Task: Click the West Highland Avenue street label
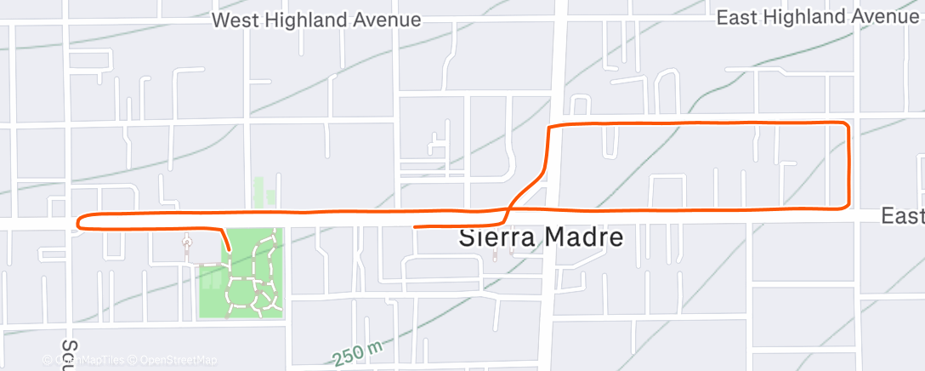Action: pos(316,20)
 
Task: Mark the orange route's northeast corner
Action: pos(846,126)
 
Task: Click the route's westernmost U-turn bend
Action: pos(78,223)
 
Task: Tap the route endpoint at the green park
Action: pos(229,250)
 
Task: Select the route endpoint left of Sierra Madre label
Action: pos(415,227)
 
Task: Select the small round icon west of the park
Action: pos(187,241)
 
